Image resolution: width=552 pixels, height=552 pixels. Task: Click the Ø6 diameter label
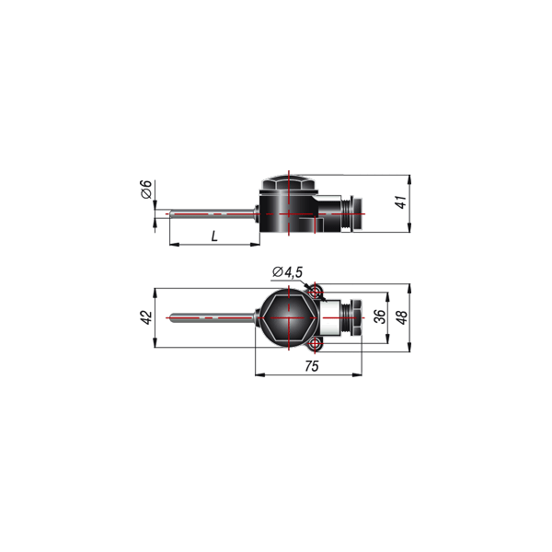[146, 189]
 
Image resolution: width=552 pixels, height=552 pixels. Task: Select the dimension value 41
[401, 202]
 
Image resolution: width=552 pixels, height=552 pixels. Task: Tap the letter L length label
[214, 236]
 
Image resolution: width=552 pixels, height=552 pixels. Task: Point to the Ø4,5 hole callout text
[288, 272]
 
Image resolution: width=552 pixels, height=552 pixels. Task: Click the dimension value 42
[147, 318]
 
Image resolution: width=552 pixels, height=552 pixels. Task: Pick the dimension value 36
[380, 316]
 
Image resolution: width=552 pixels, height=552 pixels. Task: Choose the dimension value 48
[402, 317]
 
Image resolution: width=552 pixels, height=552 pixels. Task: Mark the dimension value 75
[312, 366]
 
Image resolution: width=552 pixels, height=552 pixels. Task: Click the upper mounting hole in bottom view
[314, 292]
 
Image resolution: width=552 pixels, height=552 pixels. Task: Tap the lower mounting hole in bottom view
[314, 343]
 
